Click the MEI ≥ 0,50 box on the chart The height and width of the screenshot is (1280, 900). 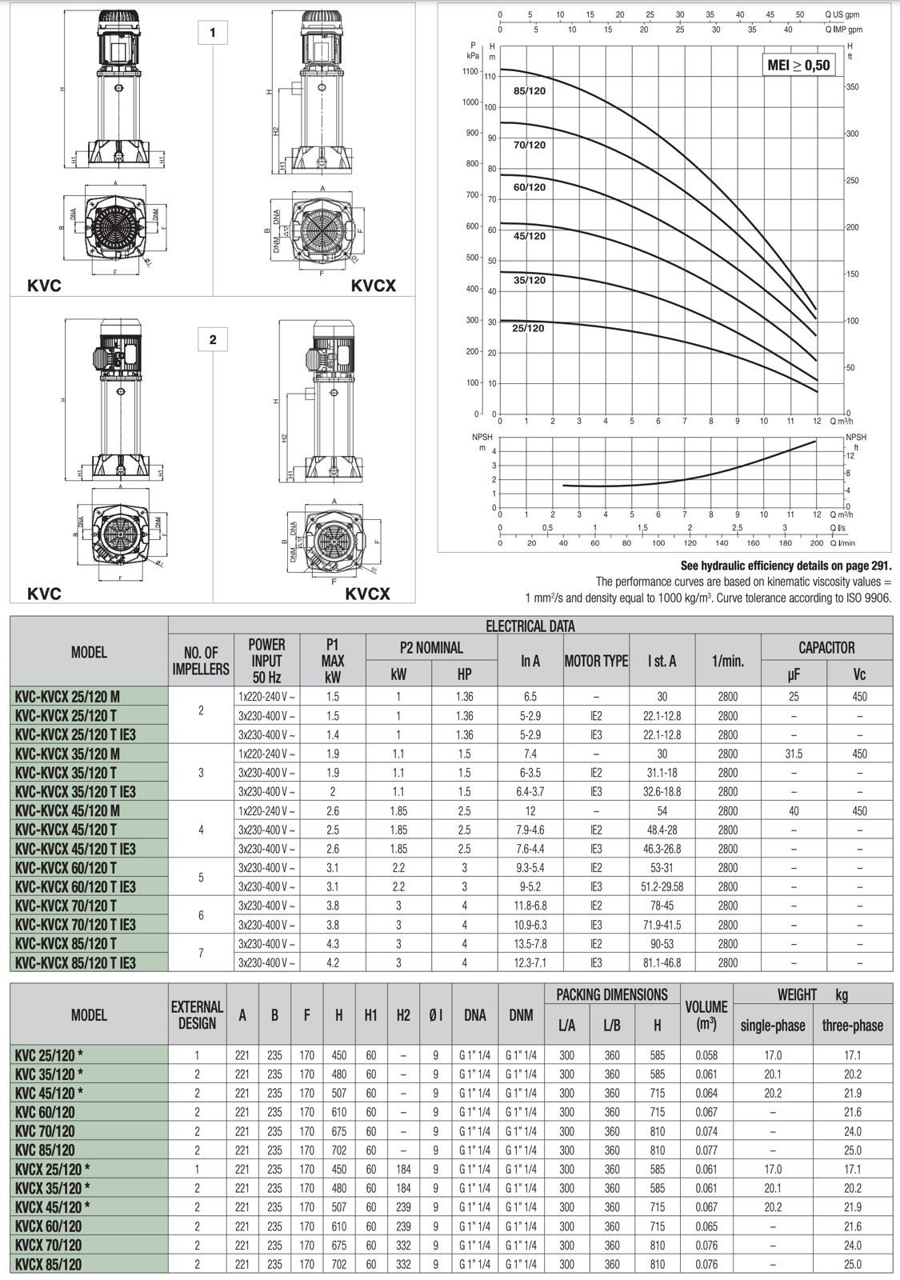point(798,65)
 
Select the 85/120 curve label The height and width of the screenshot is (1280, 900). point(530,91)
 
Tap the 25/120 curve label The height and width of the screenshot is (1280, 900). point(528,328)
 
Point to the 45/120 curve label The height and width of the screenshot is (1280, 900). point(530,236)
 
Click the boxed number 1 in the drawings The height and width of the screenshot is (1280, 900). point(213,33)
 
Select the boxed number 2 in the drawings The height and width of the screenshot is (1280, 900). point(213,339)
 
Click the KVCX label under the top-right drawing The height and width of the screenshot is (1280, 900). point(373,286)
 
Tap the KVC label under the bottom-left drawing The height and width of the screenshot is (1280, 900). point(44,594)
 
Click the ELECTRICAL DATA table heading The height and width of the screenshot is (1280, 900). point(530,626)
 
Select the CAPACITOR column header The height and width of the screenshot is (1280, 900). point(826,647)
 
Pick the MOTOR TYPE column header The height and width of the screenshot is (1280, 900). point(596,661)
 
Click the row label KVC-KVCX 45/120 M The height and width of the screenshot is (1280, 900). point(68,810)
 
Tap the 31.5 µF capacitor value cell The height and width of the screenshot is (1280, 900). point(794,754)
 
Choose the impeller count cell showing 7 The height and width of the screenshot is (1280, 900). point(201,953)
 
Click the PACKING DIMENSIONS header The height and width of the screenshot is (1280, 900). point(612,994)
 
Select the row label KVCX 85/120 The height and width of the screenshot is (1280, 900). point(49,1264)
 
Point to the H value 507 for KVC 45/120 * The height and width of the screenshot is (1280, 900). point(338,1093)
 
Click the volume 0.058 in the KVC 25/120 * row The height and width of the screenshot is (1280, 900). point(706,1055)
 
